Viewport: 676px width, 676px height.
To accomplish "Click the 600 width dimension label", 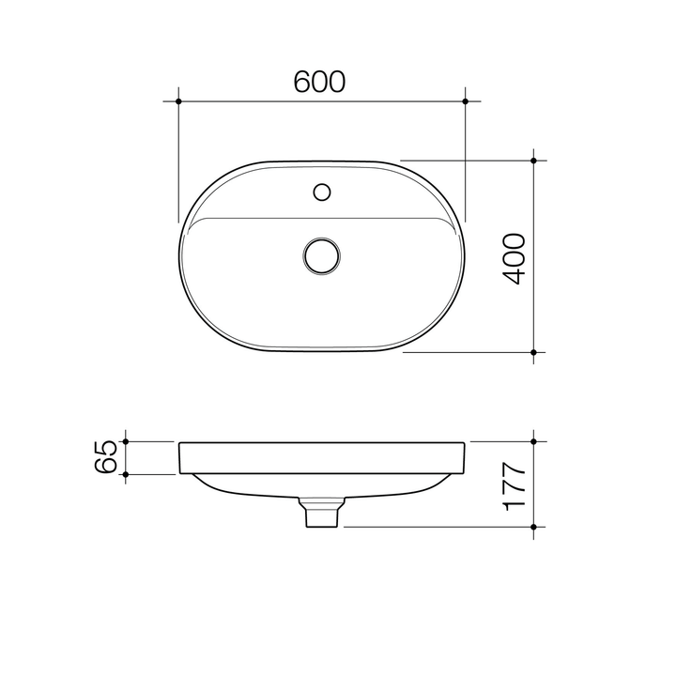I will point(320,83).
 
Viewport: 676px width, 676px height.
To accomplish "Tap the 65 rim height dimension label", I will point(108,457).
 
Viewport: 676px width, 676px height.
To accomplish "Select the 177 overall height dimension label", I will point(514,484).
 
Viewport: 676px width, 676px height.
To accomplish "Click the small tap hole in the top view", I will point(321,193).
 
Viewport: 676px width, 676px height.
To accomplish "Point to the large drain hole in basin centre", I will point(321,255).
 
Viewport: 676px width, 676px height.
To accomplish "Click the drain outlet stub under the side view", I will point(321,515).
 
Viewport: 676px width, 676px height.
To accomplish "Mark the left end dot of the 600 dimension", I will point(178,100).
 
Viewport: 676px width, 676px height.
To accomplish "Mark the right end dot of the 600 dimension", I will point(466,100).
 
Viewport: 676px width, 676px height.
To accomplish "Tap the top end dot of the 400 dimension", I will point(533,161).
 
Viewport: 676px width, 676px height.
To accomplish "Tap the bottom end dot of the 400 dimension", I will point(533,352).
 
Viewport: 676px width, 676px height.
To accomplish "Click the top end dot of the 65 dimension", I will point(126,440).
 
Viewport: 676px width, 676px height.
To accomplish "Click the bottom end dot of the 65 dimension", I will point(126,474).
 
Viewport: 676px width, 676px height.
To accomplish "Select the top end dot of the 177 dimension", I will point(533,440).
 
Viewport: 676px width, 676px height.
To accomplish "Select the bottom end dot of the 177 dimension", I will point(533,527).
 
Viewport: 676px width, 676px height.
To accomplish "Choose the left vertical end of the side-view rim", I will point(179,457).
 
